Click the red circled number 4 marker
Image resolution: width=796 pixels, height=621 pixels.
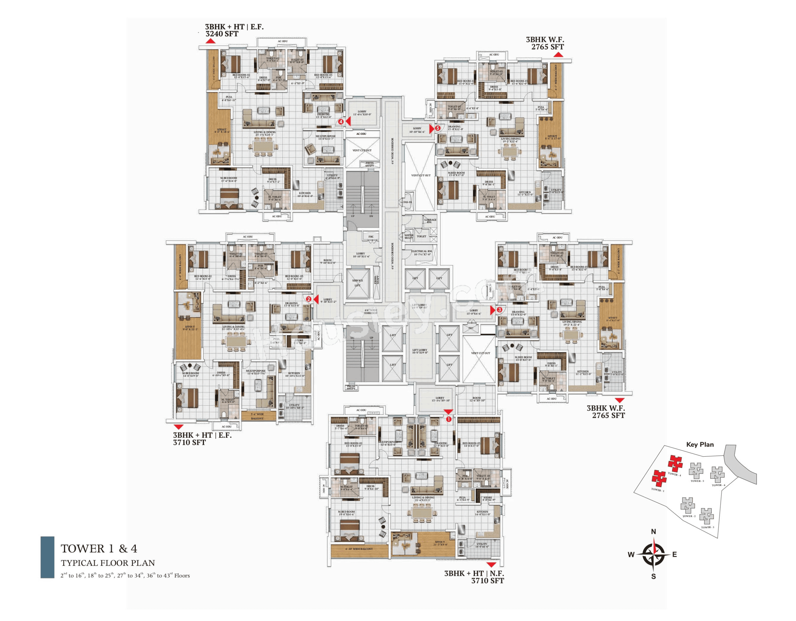pyautogui.click(x=341, y=122)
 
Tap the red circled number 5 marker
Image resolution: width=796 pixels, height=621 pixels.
pyautogui.click(x=437, y=128)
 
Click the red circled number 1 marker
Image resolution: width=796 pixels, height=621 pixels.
pyautogui.click(x=449, y=419)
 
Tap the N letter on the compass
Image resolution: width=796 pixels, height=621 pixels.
pyautogui.click(x=653, y=532)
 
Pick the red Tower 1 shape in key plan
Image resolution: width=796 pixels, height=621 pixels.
pyautogui.click(x=659, y=478)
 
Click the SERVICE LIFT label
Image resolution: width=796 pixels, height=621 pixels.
pyautogui.click(x=358, y=283)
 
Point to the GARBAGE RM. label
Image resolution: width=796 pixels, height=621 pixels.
pyautogui.click(x=430, y=221)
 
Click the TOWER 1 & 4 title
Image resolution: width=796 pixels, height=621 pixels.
pyautogui.click(x=99, y=549)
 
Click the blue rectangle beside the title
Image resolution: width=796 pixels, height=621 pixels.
pyautogui.click(x=47, y=557)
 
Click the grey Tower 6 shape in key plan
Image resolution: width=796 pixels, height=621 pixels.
pyautogui.click(x=717, y=474)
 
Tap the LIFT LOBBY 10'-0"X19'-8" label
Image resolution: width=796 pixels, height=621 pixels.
pyautogui.click(x=420, y=351)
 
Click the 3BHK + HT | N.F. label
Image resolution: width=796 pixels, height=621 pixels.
pyautogui.click(x=474, y=573)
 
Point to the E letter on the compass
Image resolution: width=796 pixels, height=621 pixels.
pyautogui.click(x=675, y=555)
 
